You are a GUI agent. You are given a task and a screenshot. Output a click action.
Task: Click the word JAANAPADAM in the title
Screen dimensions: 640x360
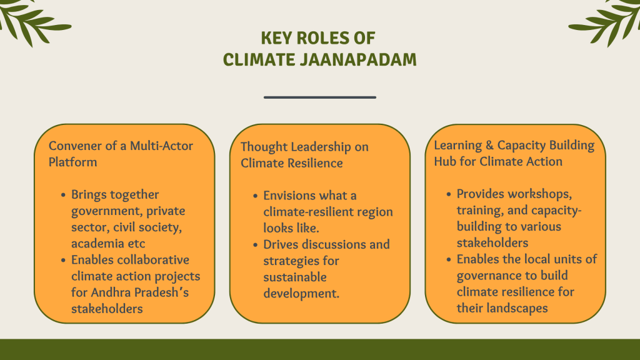(x=358, y=59)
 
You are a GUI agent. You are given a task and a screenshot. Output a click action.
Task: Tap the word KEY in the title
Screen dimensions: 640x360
(x=276, y=38)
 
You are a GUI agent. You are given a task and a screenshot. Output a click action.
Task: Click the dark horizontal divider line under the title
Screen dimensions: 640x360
(x=320, y=97)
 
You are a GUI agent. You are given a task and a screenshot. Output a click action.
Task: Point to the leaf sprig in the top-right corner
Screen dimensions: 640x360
(x=606, y=21)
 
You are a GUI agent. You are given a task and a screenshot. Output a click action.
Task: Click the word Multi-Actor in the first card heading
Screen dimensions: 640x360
(x=161, y=146)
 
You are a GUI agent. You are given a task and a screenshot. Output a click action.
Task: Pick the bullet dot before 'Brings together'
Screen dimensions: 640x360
(x=63, y=195)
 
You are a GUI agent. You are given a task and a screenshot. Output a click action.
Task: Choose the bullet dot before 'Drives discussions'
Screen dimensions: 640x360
(x=256, y=245)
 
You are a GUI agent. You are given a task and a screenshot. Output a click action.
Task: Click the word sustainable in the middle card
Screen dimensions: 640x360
(x=295, y=277)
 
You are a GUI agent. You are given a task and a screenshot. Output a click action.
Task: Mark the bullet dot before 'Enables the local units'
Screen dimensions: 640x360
(x=449, y=259)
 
